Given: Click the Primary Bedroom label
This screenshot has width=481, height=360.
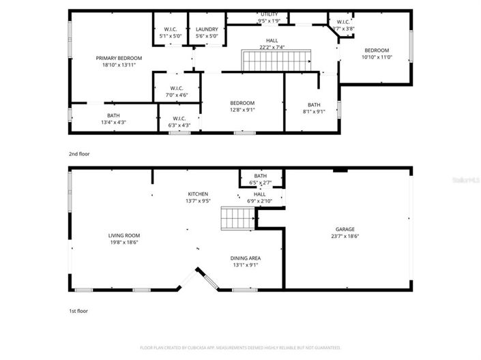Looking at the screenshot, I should point(119,59).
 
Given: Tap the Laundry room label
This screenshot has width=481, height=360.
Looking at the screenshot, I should point(207,29).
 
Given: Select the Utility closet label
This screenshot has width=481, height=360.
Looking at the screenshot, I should point(269,14).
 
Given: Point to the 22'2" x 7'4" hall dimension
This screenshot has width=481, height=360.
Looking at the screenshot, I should point(272,48).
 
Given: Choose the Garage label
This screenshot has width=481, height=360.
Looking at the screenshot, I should point(345,229).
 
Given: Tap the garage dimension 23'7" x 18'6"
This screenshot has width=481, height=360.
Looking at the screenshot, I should point(345,236).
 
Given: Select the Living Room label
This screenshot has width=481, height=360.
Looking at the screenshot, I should point(123,236).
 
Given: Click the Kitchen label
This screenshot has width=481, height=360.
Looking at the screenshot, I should point(198,194).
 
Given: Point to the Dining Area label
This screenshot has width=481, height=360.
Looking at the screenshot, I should point(246,258).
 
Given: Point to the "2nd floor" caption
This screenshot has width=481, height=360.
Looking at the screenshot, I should point(79,154).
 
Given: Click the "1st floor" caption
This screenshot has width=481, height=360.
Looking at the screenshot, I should point(78,311).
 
